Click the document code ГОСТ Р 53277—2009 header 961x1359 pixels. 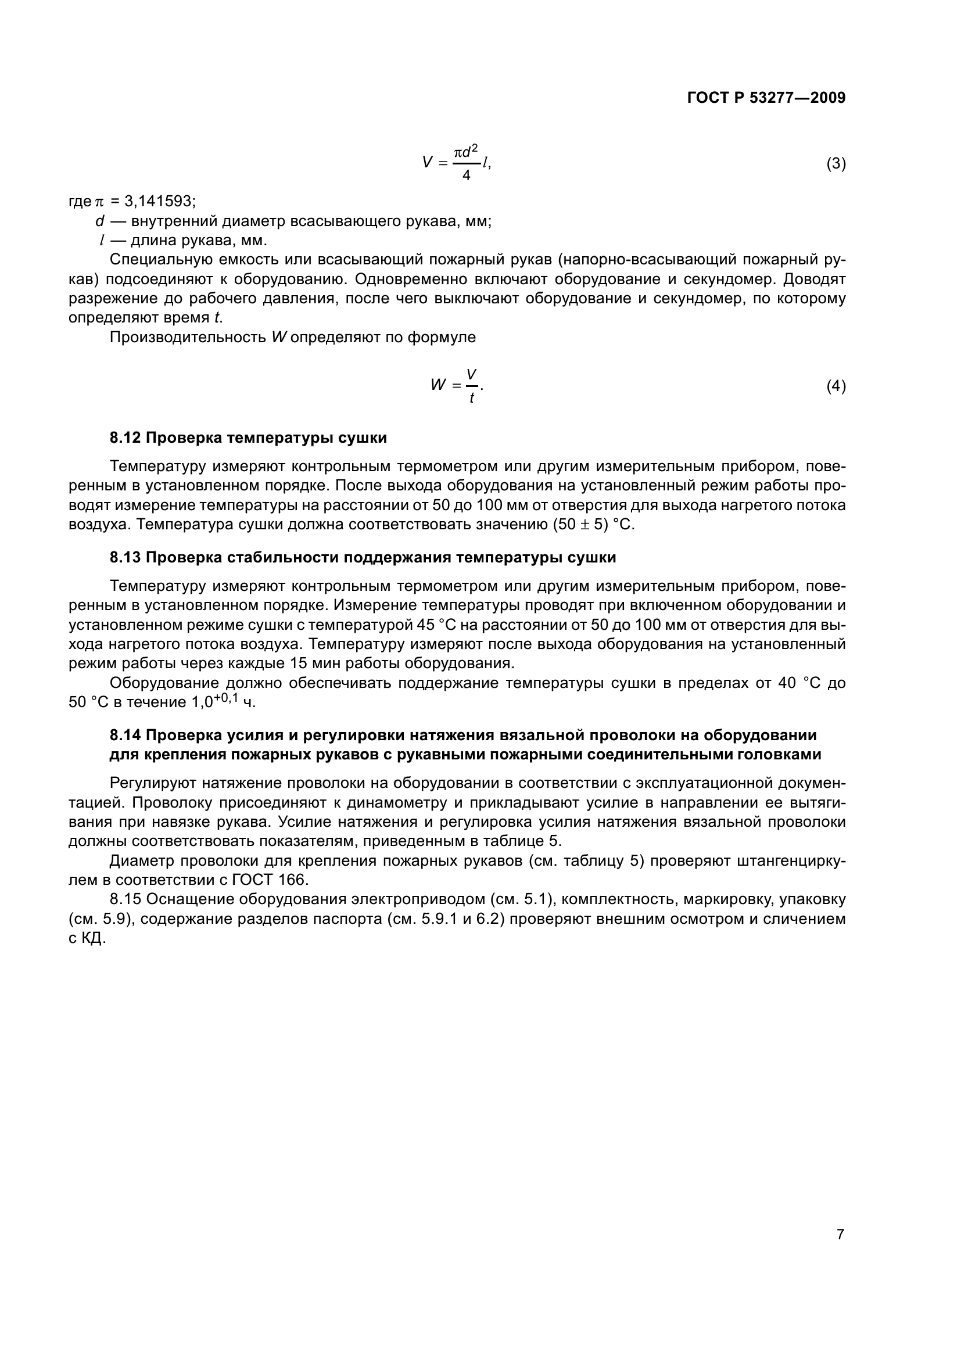pyautogui.click(x=766, y=98)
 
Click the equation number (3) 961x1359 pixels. pyautogui.click(x=836, y=164)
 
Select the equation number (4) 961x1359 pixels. pyautogui.click(x=836, y=386)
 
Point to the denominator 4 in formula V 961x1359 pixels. pyautogui.click(x=467, y=176)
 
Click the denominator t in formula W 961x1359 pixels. pyautogui.click(x=472, y=399)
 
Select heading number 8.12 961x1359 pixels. pyautogui.click(x=125, y=438)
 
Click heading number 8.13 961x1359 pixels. pyautogui.click(x=125, y=558)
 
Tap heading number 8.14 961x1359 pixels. pyautogui.click(x=125, y=735)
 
